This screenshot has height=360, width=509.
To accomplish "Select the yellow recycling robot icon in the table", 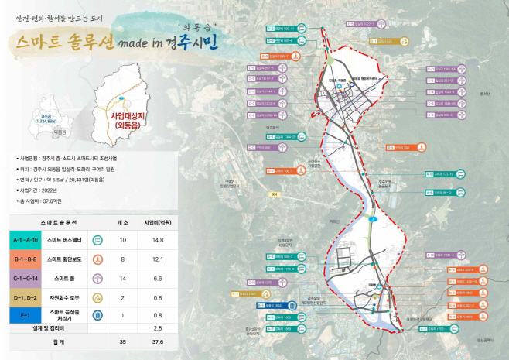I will pos(97,297).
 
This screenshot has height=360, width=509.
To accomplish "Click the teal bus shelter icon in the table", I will pos(97,240).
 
